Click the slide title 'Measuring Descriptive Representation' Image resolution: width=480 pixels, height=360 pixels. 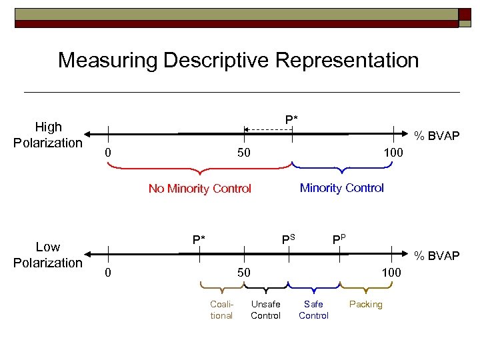pyautogui.click(x=238, y=61)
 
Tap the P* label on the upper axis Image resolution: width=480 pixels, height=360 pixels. pyautogui.click(x=291, y=119)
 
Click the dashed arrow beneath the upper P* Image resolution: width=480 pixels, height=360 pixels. pyautogui.click(x=267, y=129)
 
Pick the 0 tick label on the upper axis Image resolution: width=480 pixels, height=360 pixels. pyautogui.click(x=108, y=154)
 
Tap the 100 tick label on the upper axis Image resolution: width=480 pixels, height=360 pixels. pyautogui.click(x=393, y=154)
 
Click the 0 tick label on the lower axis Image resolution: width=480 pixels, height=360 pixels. pyautogui.click(x=108, y=273)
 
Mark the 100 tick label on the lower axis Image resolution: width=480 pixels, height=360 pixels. pyautogui.click(x=391, y=273)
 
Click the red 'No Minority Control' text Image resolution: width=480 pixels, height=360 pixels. pyautogui.click(x=200, y=189)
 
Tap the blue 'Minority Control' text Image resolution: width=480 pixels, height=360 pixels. pyautogui.click(x=342, y=188)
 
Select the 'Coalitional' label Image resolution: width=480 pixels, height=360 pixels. pyautogui.click(x=221, y=310)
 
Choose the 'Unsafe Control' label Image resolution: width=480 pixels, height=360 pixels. pyautogui.click(x=265, y=310)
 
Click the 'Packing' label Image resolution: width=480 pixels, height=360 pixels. pyautogui.click(x=366, y=305)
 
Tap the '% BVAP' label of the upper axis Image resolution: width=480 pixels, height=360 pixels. pyautogui.click(x=437, y=136)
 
